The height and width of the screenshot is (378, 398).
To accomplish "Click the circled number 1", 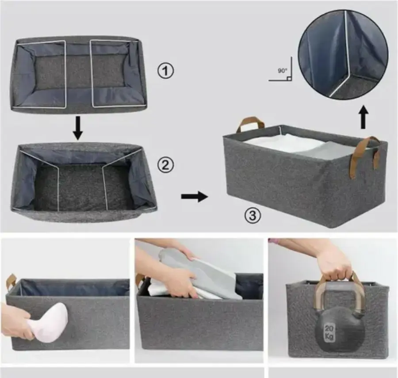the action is coord(166,71).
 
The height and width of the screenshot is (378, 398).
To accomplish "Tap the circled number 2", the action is coord(166,165).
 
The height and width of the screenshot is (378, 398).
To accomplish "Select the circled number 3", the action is coord(253,216).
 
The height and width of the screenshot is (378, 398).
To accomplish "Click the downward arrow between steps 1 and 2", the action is coord(78,128).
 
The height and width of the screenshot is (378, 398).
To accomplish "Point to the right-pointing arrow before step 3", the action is coord(195,196).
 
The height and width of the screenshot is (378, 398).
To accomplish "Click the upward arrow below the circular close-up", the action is coord(364,117).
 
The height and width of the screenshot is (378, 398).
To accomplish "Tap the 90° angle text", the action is coord(282,71).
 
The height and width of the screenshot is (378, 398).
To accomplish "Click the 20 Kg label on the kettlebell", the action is coord(329,332).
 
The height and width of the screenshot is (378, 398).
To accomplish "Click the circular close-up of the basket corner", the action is coord(343,53).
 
